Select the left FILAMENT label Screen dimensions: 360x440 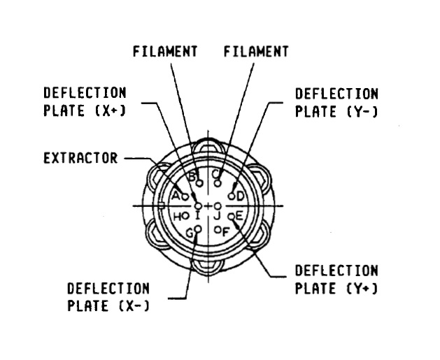[x=165, y=51]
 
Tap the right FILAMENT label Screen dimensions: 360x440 [x=256, y=51]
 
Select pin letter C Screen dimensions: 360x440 [x=218, y=174]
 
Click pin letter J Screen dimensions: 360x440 [x=217, y=217]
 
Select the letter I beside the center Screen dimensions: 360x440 [x=198, y=217]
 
